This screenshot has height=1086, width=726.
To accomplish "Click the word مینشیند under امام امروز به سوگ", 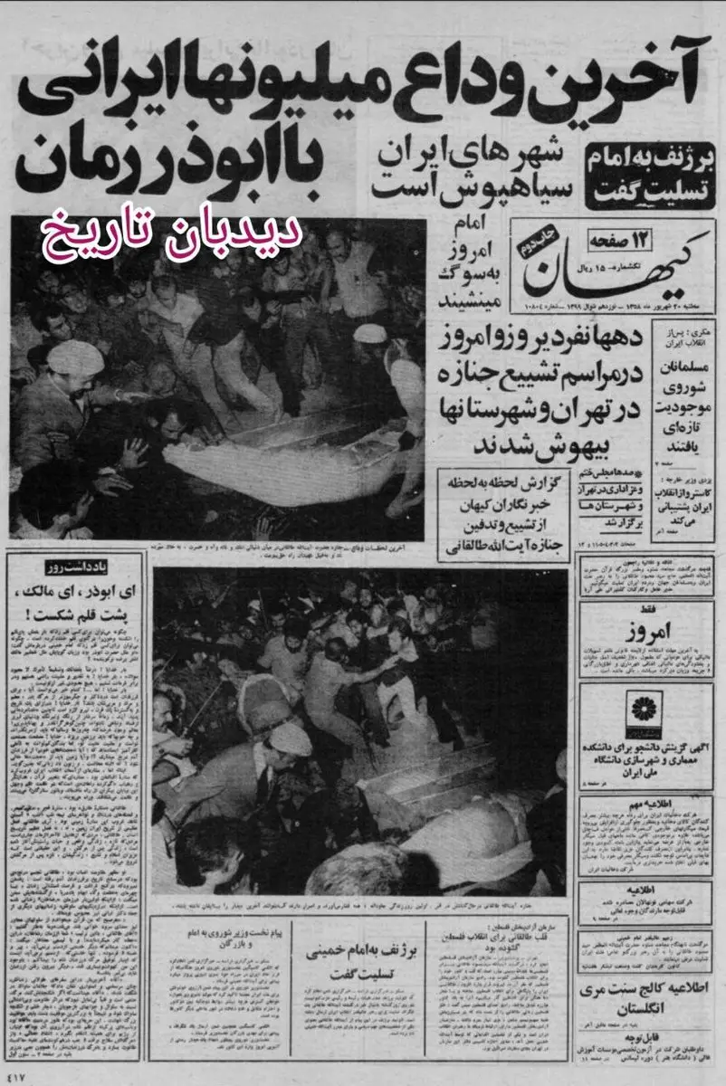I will [x=471, y=298].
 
